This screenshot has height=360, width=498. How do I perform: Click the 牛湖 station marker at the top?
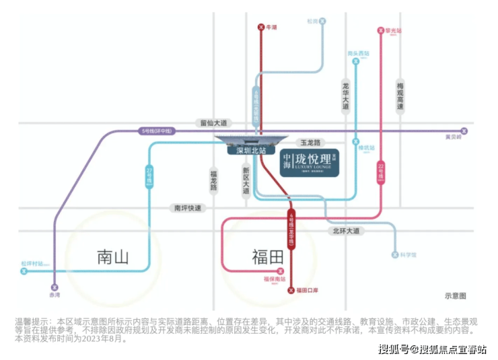pos(261,28)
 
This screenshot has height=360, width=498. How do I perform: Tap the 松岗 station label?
pos(312,22)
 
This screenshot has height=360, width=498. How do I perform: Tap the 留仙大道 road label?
pos(214,123)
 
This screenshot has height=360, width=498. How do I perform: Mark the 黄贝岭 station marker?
pos(463,131)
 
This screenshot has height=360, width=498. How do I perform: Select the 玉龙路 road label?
pos(312,143)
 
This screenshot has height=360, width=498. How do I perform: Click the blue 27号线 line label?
pos(149,178)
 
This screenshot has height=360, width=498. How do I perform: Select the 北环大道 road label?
pos(346,231)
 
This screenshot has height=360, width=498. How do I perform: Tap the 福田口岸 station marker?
pos(291,290)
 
